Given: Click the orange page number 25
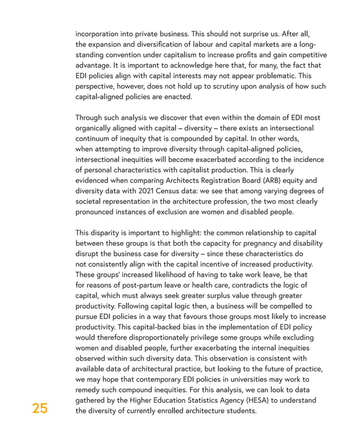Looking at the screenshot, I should [40, 408].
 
